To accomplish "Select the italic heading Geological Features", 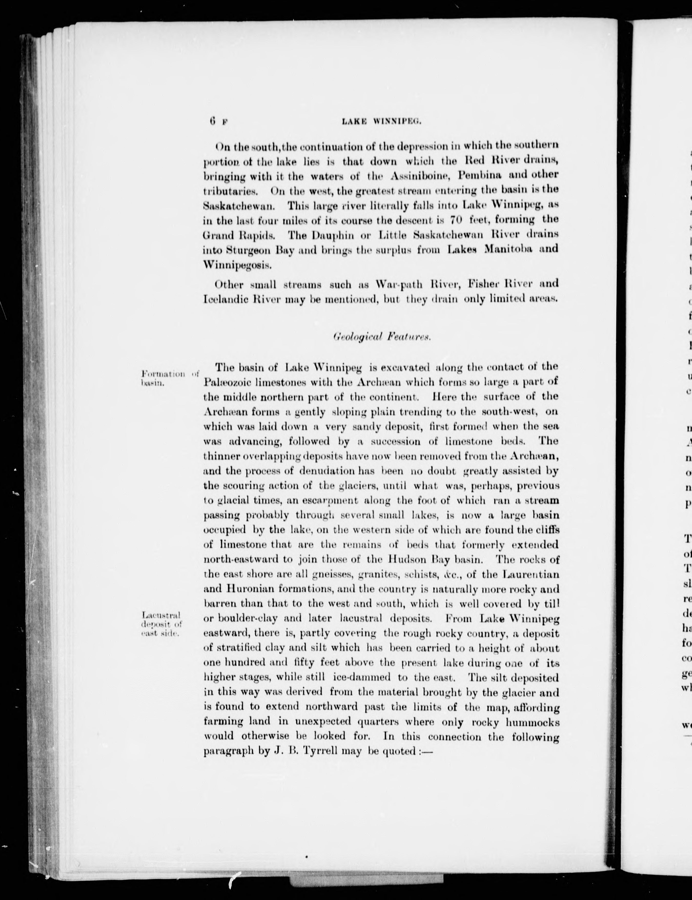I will (x=382, y=336).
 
